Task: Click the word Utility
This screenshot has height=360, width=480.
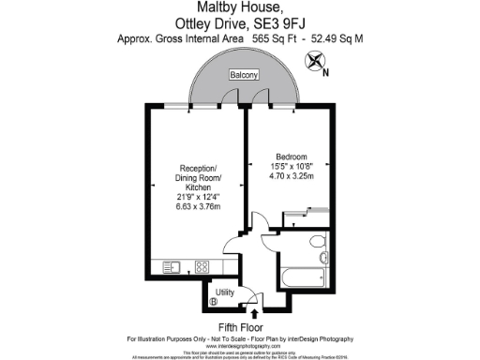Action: tap(225, 293)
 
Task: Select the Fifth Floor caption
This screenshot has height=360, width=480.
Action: tap(239, 326)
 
